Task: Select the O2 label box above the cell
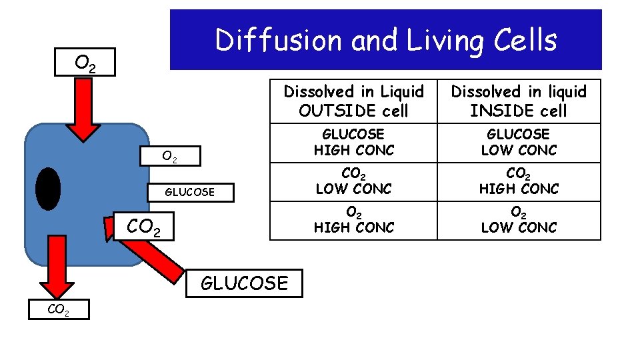pyautogui.click(x=85, y=63)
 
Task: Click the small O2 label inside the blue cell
pyautogui.click(x=170, y=157)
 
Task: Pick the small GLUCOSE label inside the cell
pyautogui.click(x=190, y=192)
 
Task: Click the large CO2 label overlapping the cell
pyautogui.click(x=143, y=227)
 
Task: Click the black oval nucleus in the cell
pyautogui.click(x=48, y=189)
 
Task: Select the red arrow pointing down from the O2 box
pyautogui.click(x=84, y=110)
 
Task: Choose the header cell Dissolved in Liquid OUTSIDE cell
pyautogui.click(x=353, y=101)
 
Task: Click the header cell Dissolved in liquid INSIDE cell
pyautogui.click(x=519, y=101)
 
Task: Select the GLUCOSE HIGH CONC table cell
pyautogui.click(x=353, y=143)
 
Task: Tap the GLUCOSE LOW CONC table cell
pyautogui.click(x=519, y=143)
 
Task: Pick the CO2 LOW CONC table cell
pyautogui.click(x=353, y=181)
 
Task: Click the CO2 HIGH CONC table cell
pyautogui.click(x=519, y=181)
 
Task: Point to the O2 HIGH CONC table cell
pyautogui.click(x=353, y=220)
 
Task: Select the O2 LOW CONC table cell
pyautogui.click(x=519, y=220)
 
